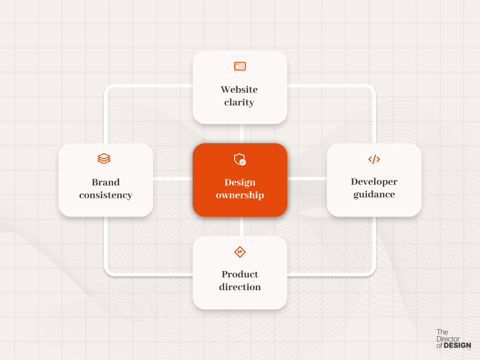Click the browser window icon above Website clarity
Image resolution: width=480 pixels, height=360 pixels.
tap(240, 66)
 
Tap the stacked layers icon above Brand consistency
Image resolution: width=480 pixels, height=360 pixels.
tap(104, 159)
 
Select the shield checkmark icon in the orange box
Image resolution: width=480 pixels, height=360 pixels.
tap(240, 159)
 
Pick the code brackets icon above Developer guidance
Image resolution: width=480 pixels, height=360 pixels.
tap(374, 159)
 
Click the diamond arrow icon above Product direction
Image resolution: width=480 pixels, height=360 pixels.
tap(240, 252)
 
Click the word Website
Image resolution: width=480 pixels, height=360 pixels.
tap(239, 89)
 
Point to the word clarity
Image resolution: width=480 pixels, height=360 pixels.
tap(239, 103)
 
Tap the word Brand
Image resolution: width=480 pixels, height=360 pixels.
tap(106, 182)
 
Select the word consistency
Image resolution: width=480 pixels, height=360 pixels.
tap(106, 195)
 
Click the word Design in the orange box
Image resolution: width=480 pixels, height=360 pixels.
tap(240, 182)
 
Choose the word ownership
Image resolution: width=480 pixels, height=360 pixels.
tap(240, 195)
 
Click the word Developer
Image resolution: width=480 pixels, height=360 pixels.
tap(374, 181)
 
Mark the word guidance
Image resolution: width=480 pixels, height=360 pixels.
tap(374, 195)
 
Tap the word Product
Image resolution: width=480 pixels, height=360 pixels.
tap(240, 274)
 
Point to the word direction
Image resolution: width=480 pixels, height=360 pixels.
tap(240, 287)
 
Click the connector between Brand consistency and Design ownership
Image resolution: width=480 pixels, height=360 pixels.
tap(173, 179)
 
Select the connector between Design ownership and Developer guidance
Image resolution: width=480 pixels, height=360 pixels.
tap(307, 179)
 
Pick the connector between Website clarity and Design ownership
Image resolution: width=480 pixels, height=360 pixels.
tap(241, 133)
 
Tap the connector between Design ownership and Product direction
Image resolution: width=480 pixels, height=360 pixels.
tap(241, 226)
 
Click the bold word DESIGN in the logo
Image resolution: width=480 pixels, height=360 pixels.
tap(457, 345)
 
